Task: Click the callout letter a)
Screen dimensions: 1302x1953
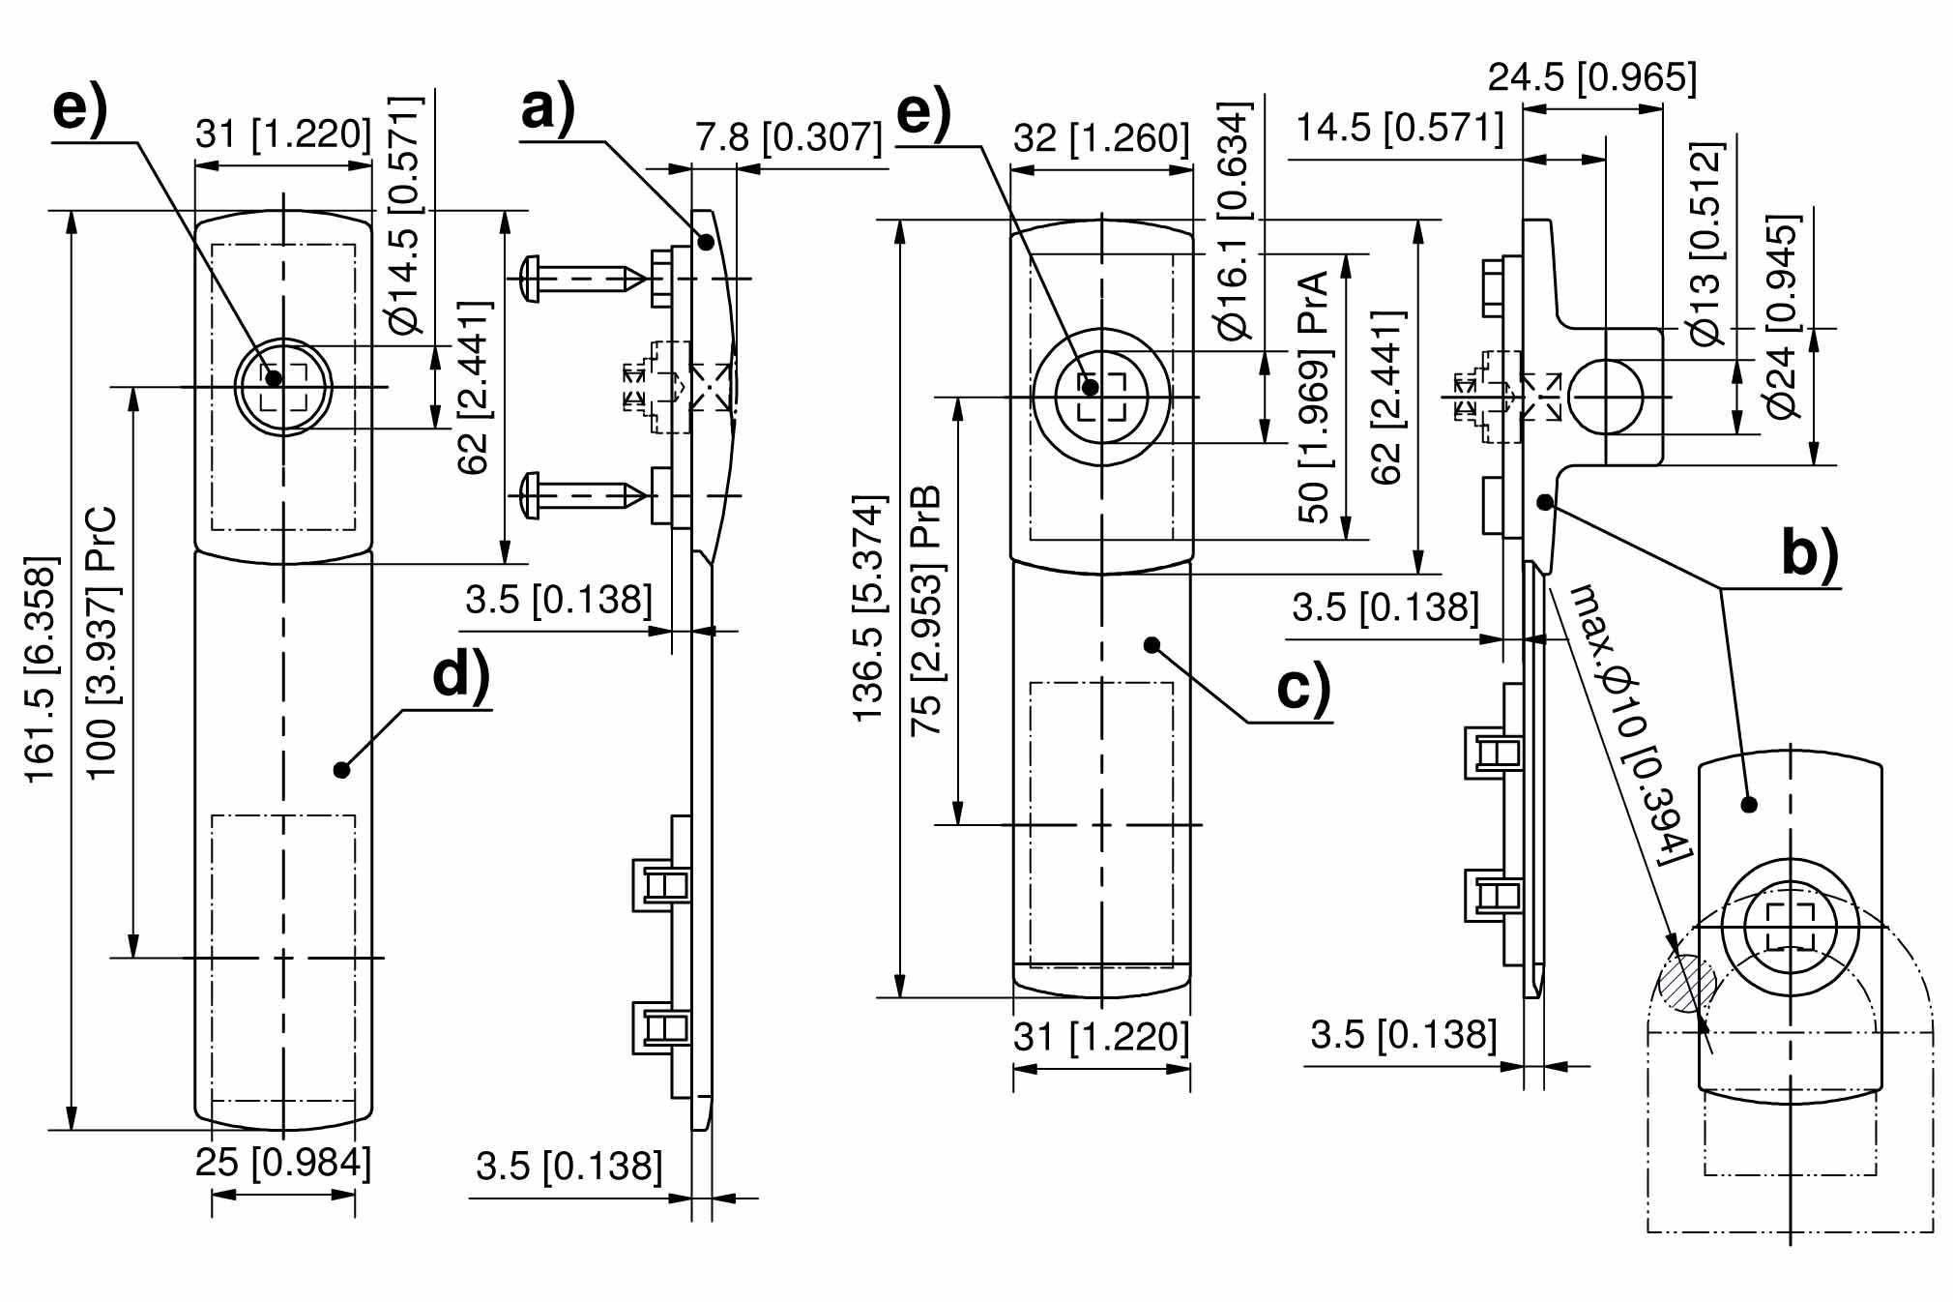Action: coord(548,108)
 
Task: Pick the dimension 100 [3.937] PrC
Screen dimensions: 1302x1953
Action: coord(102,642)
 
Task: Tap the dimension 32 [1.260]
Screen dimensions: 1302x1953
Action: coord(1101,139)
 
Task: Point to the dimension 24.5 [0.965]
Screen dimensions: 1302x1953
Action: coord(1592,77)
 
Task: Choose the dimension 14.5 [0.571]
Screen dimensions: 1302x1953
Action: coord(1399,128)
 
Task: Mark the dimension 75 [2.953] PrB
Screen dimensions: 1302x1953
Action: coord(926,609)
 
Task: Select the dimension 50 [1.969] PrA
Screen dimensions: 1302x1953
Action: coord(1314,397)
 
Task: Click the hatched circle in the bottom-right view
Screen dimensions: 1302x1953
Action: coord(1687,983)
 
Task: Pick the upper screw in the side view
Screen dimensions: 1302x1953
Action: coord(581,279)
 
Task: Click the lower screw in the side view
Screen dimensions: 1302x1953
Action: coord(581,495)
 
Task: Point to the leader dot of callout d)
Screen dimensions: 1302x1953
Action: coord(340,770)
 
